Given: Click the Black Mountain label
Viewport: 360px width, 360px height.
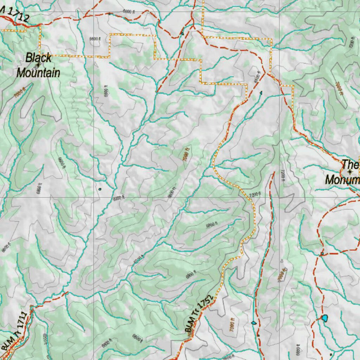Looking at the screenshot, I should (x=38, y=65).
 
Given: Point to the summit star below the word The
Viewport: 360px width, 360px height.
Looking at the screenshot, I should (x=350, y=172).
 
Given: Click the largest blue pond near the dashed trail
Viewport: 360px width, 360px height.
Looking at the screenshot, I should (x=324, y=318).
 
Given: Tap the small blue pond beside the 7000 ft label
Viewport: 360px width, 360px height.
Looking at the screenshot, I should (x=253, y=322).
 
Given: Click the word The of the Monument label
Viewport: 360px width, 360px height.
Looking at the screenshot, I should (x=350, y=164).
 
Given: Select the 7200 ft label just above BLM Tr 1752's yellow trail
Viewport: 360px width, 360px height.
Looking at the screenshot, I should (x=255, y=194).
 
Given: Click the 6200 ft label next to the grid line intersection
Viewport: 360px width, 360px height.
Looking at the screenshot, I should (x=118, y=198).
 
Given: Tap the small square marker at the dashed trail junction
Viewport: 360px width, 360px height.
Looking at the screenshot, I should (x=322, y=253).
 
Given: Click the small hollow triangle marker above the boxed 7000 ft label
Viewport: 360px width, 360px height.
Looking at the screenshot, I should (x=282, y=261).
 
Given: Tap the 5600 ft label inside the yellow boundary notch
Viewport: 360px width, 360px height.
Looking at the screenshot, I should (x=94, y=39).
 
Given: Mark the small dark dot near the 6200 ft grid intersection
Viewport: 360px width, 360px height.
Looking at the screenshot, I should (x=100, y=189).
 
